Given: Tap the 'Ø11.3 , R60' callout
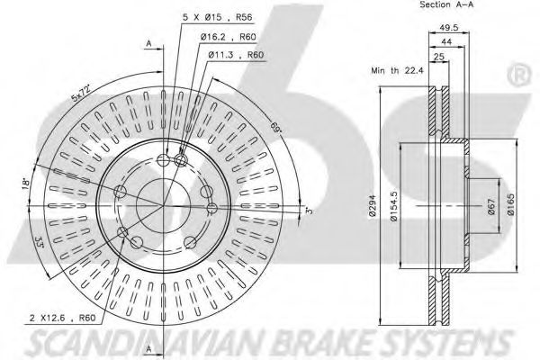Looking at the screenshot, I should pyautogui.click(x=237, y=55).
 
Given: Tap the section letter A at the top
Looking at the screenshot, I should pyautogui.click(x=148, y=42).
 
